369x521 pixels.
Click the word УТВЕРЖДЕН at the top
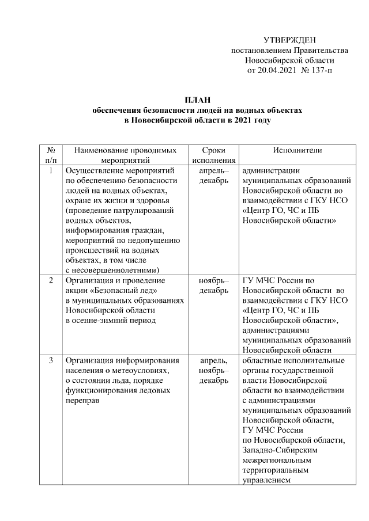click(289, 40)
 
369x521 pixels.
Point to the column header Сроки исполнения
click(213, 155)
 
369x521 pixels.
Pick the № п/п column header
click(51, 155)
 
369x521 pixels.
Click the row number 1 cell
click(51, 170)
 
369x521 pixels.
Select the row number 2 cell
click(51, 280)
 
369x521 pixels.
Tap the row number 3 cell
click(51, 360)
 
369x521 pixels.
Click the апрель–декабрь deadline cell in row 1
click(213, 176)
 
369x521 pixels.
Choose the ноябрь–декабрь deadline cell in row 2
click(213, 286)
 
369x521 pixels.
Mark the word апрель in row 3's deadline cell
click(212, 360)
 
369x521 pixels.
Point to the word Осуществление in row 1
click(92, 170)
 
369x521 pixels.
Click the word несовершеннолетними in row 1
click(115, 269)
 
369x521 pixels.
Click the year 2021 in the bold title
click(242, 120)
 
